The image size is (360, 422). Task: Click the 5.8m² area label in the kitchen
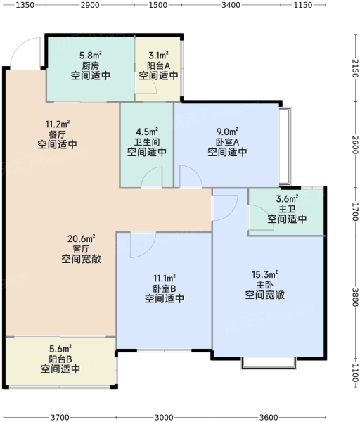91,56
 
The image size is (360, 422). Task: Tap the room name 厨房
91,65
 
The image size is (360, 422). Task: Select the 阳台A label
158,65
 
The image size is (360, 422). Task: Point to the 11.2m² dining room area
58,124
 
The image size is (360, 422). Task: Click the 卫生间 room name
147,142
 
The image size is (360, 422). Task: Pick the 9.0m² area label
227,132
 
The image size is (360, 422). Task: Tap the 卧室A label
227,142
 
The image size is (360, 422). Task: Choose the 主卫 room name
287,209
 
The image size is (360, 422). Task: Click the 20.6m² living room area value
82,238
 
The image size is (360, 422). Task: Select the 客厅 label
82,249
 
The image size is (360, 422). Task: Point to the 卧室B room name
165,288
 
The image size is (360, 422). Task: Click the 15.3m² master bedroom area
265,275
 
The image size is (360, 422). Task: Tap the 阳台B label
60,359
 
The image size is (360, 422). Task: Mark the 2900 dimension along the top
90,5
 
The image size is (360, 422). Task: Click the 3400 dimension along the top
231,5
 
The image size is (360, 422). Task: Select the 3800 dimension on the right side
355,298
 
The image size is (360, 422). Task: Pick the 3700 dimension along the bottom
60,417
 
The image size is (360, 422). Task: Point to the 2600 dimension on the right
355,144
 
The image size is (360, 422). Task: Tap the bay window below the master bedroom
269,363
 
